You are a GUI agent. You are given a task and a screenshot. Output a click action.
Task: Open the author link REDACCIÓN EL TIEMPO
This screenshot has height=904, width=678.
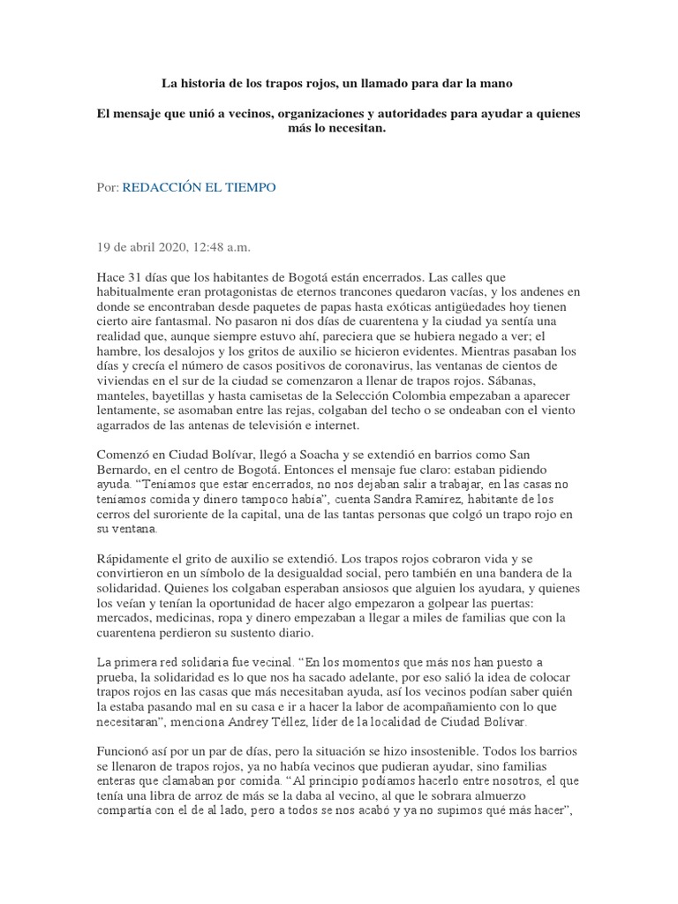click(x=199, y=188)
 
